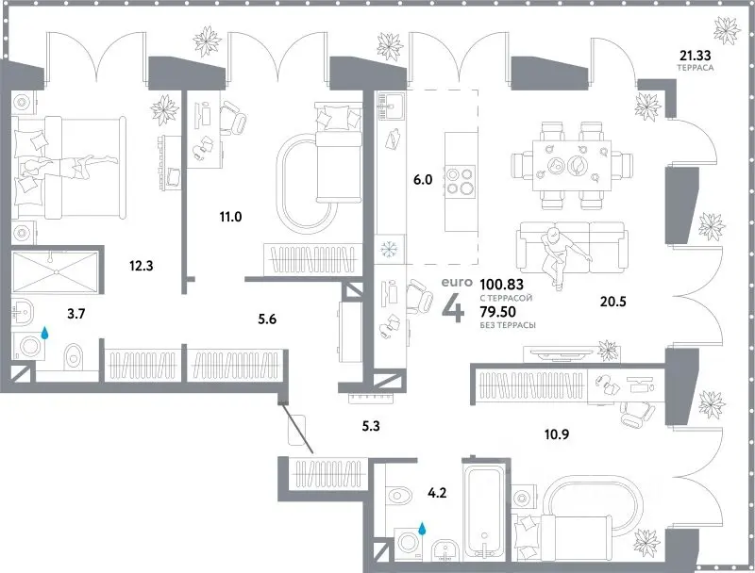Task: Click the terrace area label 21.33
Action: pyautogui.click(x=695, y=56)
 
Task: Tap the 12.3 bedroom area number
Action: pyautogui.click(x=141, y=266)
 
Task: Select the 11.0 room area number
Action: pyautogui.click(x=230, y=217)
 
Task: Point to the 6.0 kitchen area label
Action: pyautogui.click(x=423, y=180)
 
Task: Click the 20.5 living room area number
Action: pyautogui.click(x=612, y=302)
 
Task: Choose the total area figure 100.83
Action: pyautogui.click(x=502, y=284)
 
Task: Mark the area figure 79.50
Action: pyautogui.click(x=498, y=312)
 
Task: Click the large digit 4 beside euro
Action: pyautogui.click(x=454, y=308)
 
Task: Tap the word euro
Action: pyautogui.click(x=455, y=283)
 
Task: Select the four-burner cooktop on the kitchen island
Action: pyautogui.click(x=460, y=181)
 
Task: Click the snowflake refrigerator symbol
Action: pyautogui.click(x=388, y=249)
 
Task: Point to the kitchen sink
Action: pyautogui.click(x=392, y=106)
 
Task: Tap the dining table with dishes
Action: pyautogui.click(x=572, y=166)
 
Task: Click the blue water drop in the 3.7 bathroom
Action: pyautogui.click(x=44, y=333)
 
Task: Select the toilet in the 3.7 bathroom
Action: pyautogui.click(x=74, y=356)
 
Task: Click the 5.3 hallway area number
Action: pyautogui.click(x=371, y=426)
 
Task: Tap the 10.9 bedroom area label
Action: pyautogui.click(x=557, y=434)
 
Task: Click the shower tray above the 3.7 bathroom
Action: pyautogui.click(x=56, y=272)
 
